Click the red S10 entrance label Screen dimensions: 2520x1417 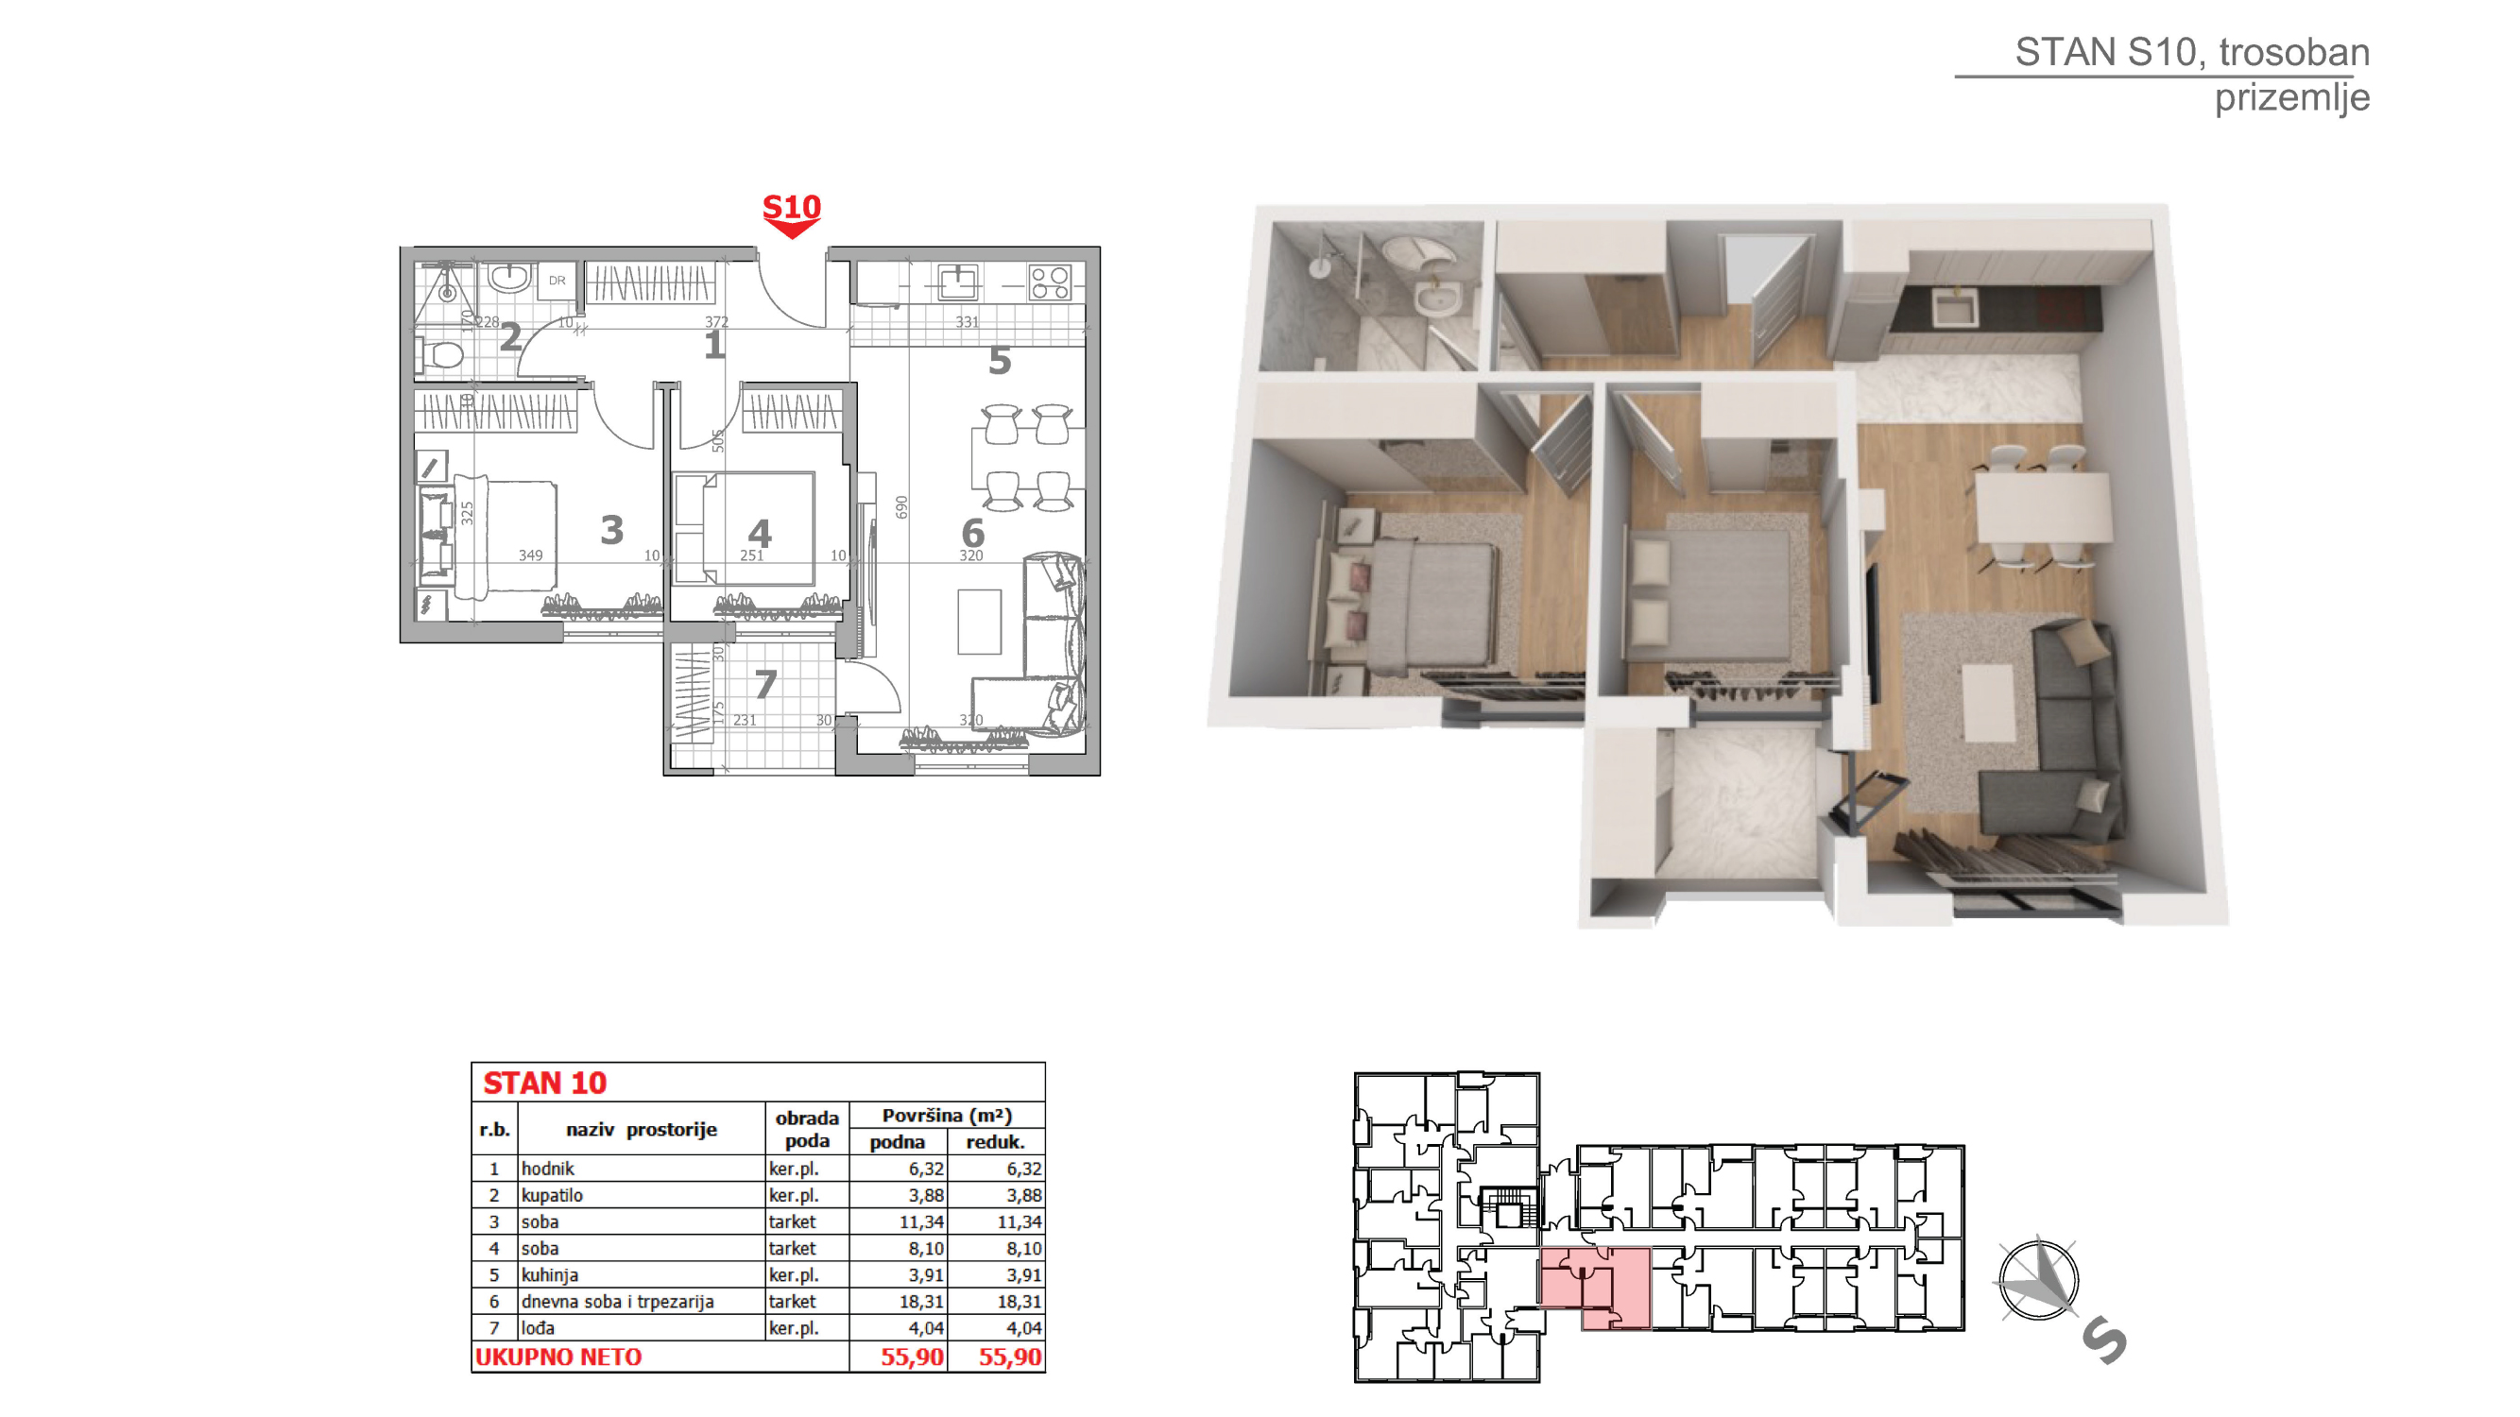[791, 207]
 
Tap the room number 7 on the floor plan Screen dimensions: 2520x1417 [766, 684]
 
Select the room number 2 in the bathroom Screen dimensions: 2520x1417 [509, 337]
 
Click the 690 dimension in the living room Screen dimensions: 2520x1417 [901, 506]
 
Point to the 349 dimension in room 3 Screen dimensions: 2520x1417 [530, 555]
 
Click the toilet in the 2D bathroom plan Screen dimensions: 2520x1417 [440, 353]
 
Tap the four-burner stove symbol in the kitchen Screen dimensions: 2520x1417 [1050, 282]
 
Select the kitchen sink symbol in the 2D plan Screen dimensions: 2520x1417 [958, 282]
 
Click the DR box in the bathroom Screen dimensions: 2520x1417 [557, 281]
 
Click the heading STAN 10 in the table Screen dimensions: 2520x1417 [545, 1083]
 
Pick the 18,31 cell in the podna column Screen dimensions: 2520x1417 [920, 1301]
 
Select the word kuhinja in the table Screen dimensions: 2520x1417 [549, 1274]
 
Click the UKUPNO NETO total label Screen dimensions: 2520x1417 [557, 1357]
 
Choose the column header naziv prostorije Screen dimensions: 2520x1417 [641, 1129]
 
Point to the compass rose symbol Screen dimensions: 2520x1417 [2038, 1278]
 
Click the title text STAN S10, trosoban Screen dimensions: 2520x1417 [2191, 52]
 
